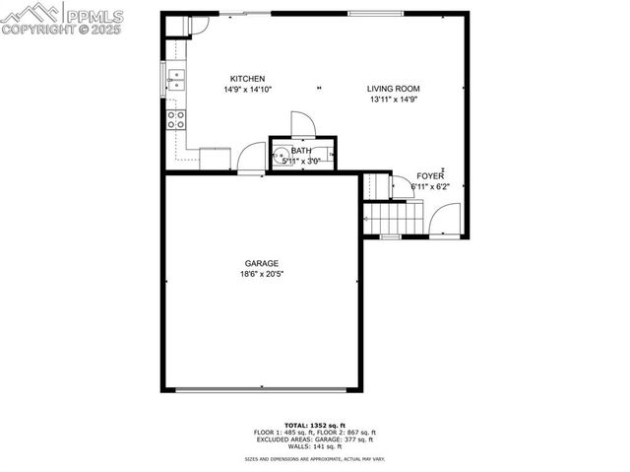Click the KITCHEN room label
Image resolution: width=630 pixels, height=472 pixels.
247,79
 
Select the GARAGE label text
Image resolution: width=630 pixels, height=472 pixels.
262,263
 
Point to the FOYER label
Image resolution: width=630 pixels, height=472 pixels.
430,175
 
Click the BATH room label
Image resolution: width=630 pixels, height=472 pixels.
300,151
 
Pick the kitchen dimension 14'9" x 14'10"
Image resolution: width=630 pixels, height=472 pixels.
247,90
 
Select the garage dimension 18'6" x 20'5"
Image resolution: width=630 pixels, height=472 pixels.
262,274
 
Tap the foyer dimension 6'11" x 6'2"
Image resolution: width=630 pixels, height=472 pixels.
429,186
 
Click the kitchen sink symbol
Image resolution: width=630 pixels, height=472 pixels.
176,80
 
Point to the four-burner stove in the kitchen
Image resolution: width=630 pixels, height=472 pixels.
176,119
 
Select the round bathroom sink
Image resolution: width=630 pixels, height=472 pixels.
281,156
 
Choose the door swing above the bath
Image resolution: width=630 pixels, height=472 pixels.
304,124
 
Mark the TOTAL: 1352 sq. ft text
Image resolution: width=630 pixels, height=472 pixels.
315,424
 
